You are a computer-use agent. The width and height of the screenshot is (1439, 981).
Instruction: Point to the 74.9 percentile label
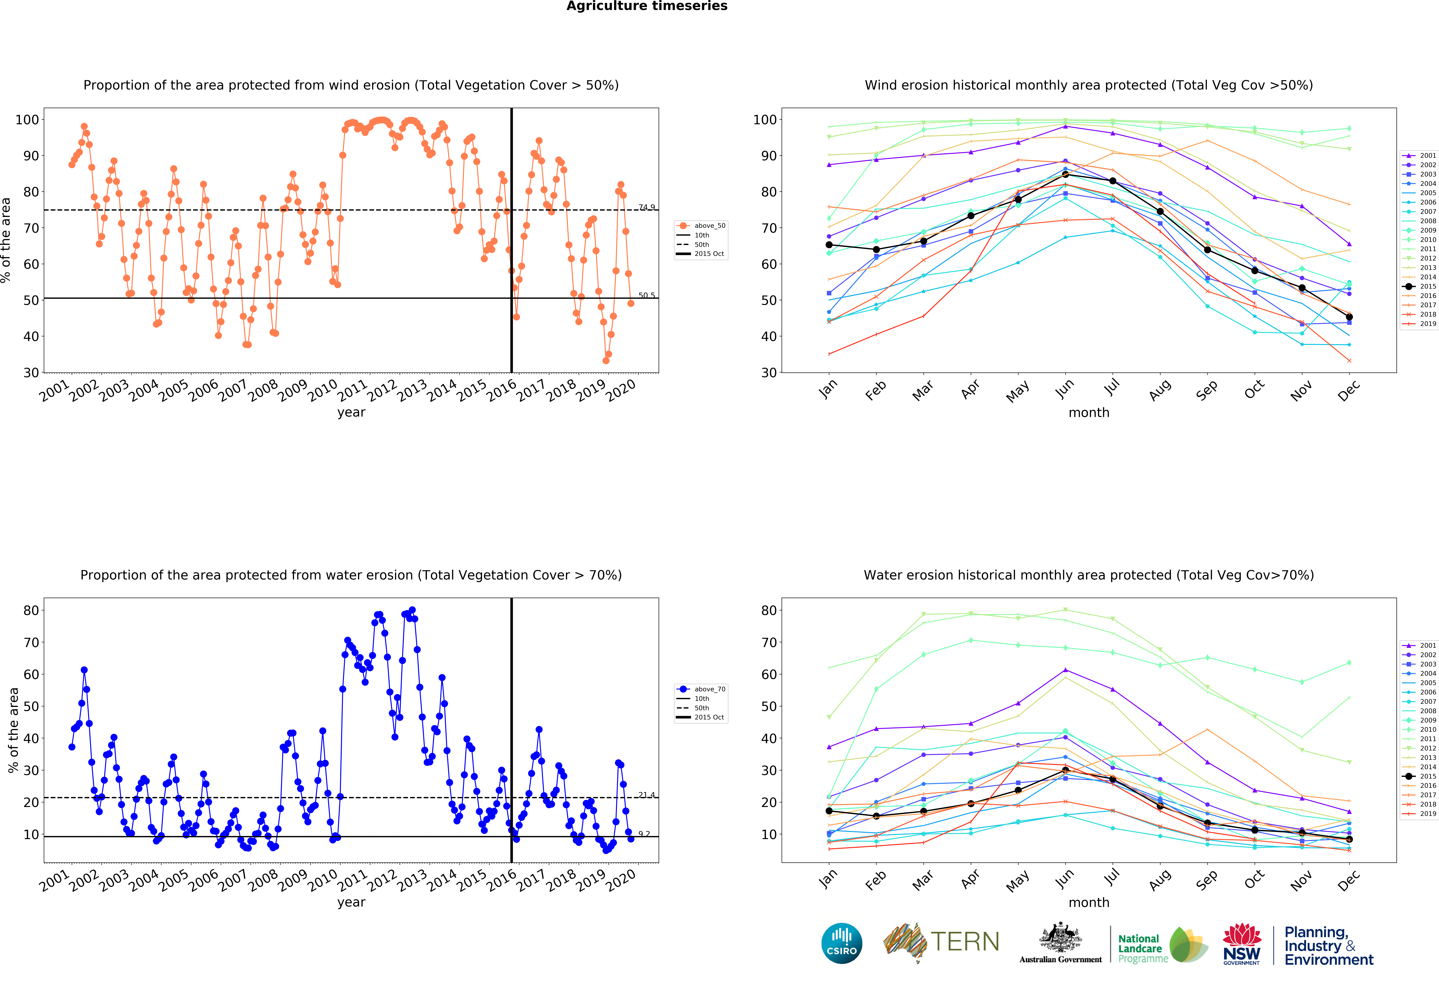point(646,207)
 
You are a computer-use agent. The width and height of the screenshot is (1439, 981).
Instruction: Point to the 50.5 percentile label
point(646,295)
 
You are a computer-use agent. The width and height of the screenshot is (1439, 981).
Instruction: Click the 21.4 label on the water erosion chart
point(646,795)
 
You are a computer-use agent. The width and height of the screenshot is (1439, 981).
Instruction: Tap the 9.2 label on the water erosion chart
point(644,834)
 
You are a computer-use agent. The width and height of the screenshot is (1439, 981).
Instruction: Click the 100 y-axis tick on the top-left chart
point(27,119)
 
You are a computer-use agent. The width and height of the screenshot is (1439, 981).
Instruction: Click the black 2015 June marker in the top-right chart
point(1065,175)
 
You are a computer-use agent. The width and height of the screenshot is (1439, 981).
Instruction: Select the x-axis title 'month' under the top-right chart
point(1088,412)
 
